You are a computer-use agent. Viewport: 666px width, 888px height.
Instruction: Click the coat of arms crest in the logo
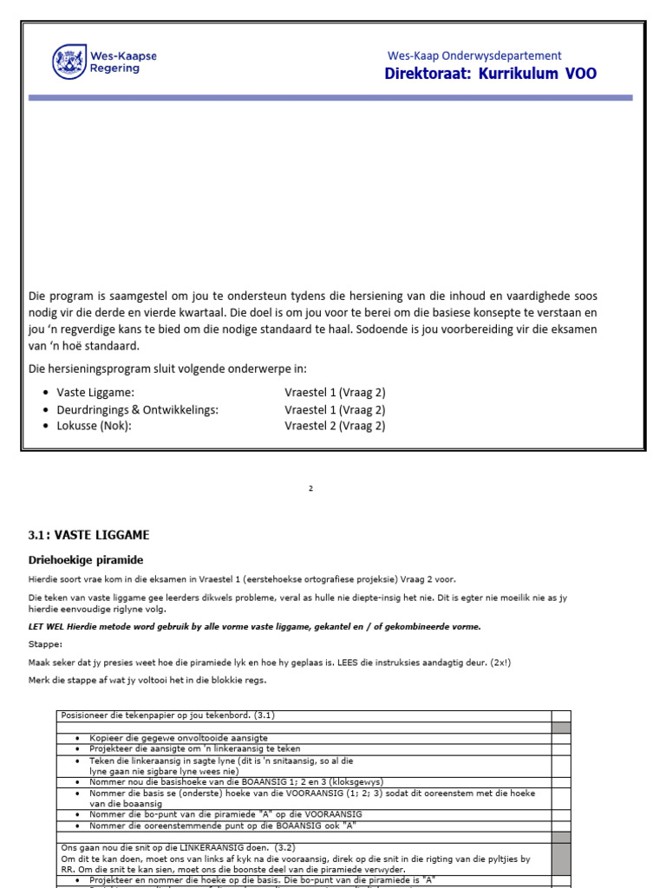tap(69, 62)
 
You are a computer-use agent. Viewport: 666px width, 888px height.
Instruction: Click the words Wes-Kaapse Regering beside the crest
tap(123, 62)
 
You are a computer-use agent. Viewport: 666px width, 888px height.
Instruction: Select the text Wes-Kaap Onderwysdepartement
tap(474, 55)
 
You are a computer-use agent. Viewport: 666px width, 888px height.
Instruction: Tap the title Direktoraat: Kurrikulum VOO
tap(490, 74)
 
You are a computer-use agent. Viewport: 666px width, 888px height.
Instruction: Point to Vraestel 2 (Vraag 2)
tap(335, 426)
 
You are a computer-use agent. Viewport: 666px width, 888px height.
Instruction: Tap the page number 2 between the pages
tap(311, 489)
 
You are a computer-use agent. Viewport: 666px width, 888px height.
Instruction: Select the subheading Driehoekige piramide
tap(86, 560)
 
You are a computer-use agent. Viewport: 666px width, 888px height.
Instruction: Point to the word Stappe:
tap(45, 645)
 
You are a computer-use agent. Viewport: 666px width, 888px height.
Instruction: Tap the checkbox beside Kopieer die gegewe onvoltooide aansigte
tap(561, 738)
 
